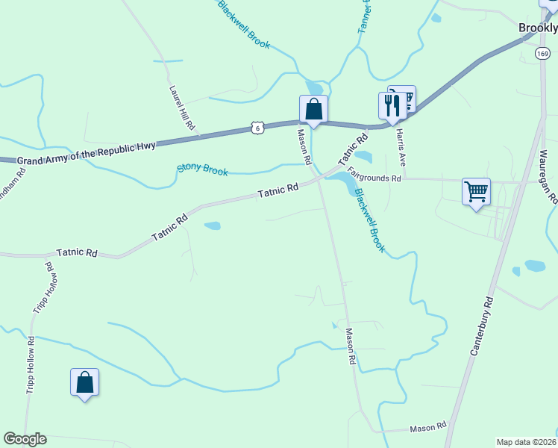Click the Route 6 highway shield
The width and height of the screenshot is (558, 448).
point(257,128)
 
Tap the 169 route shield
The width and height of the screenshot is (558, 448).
point(542,52)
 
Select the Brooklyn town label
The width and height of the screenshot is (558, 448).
point(538,28)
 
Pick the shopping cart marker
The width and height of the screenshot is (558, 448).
point(475,192)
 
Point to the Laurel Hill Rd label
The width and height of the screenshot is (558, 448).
point(181,108)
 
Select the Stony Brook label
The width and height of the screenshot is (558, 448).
point(202,169)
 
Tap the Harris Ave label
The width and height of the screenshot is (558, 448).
point(401,147)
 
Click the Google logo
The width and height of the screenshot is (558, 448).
point(25,439)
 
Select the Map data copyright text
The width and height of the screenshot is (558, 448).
point(527,442)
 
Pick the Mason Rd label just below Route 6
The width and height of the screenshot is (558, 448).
point(304,147)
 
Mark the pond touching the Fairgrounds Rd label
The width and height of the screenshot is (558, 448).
point(342,180)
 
